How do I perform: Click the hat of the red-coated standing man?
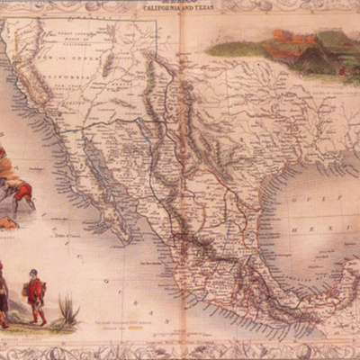[x=34, y=273]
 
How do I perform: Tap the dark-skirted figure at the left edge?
[x=4, y=292]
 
